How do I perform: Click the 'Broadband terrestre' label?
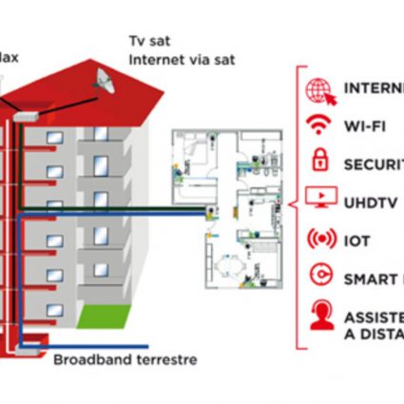coord(125,360)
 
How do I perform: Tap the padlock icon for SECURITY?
coord(317,162)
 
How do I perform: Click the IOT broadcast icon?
coord(317,239)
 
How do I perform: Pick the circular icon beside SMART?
coord(318,277)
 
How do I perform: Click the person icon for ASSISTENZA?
coord(318,316)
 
